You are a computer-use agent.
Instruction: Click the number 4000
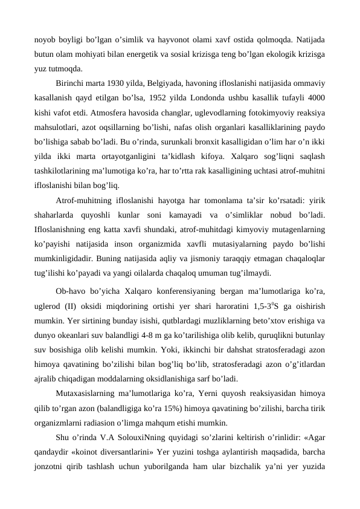(x=315, y=98)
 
